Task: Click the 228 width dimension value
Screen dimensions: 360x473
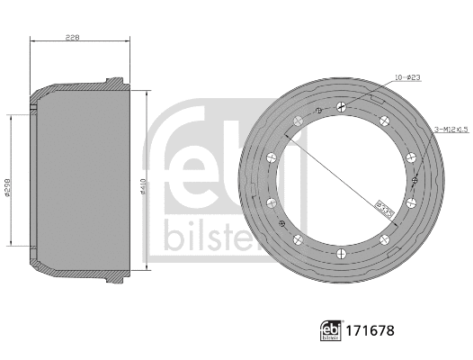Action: coord(74,37)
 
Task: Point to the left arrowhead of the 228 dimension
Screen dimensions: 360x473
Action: coord(32,41)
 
